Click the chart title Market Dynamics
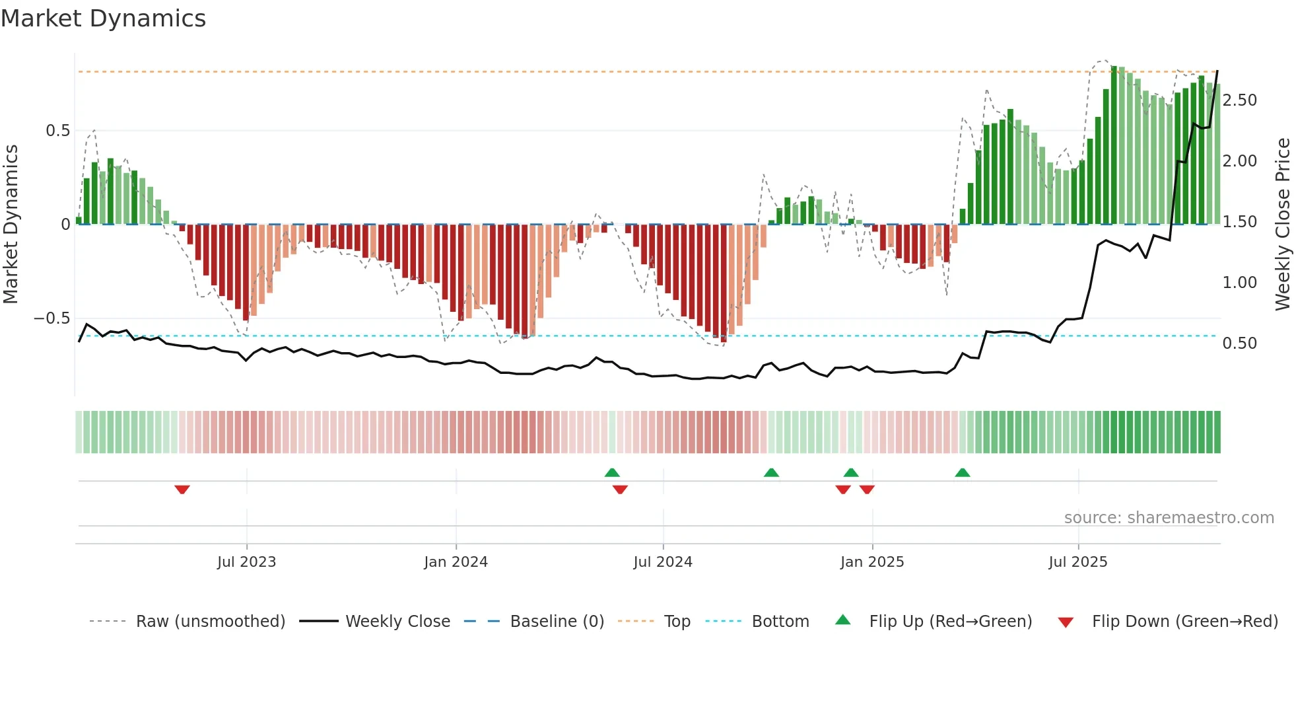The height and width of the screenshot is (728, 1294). [x=104, y=18]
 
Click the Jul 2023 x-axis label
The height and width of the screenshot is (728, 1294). [x=246, y=562]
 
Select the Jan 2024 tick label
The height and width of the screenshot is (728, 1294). [x=456, y=562]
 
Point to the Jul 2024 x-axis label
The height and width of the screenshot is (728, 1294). [x=663, y=562]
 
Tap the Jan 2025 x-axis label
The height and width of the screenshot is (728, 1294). [x=872, y=562]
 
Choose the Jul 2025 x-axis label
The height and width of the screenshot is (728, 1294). [x=1078, y=562]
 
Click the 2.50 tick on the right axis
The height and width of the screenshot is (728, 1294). [x=1240, y=100]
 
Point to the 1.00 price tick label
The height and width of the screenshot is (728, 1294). [x=1240, y=283]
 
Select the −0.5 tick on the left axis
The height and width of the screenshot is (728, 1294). [x=51, y=318]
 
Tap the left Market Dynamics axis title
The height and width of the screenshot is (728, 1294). [x=11, y=225]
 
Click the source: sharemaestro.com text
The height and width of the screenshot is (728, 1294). [x=1169, y=518]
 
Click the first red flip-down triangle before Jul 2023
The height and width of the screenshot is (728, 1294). [x=182, y=489]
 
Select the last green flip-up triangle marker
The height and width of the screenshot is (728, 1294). [x=963, y=473]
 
